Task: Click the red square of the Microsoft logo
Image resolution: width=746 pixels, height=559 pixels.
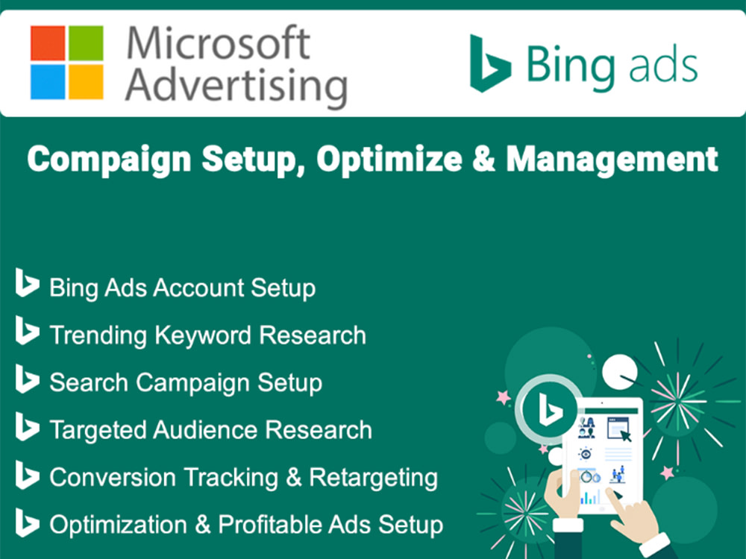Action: (47, 43)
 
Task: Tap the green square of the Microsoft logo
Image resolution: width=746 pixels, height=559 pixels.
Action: (85, 43)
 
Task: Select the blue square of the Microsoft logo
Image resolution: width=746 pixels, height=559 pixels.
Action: (47, 81)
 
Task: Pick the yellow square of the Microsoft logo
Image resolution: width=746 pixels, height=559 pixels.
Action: (85, 81)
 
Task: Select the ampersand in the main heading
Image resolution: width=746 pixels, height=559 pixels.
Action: (482, 160)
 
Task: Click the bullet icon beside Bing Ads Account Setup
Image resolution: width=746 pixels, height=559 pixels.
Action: (27, 285)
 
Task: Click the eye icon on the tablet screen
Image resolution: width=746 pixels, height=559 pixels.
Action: (586, 453)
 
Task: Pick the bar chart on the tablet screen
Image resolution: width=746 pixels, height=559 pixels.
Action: (589, 496)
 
